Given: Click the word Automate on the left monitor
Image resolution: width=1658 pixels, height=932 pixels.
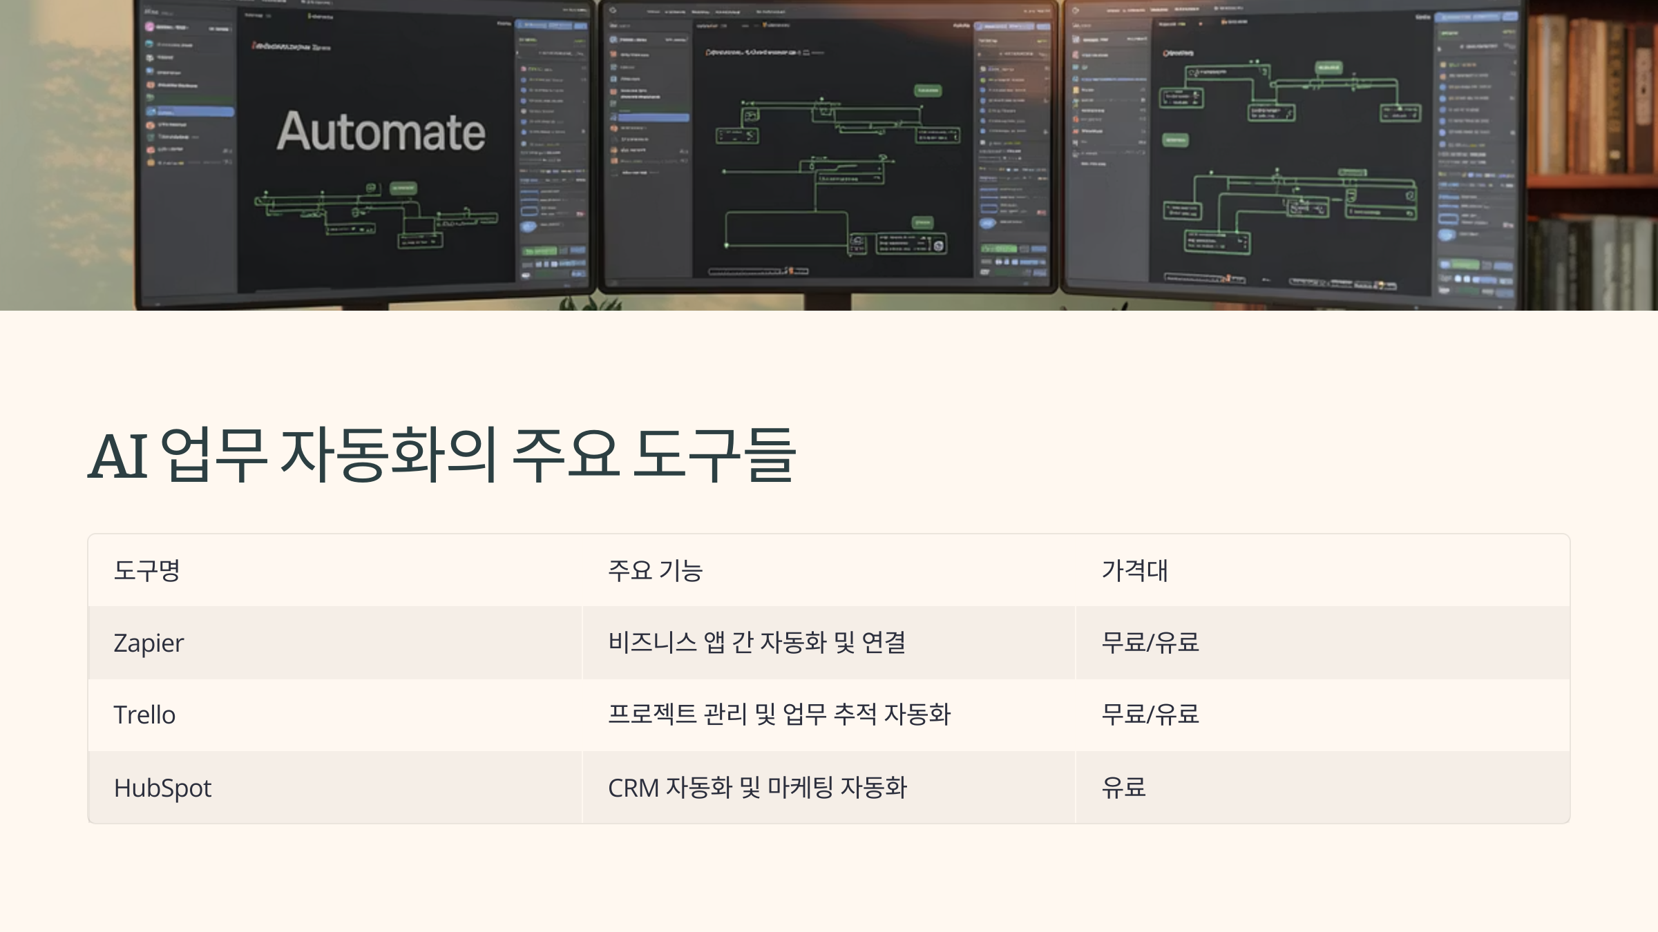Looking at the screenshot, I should (381, 131).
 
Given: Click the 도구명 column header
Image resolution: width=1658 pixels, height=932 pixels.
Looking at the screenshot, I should (146, 570).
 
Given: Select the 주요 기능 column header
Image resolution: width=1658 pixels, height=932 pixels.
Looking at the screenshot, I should (655, 570).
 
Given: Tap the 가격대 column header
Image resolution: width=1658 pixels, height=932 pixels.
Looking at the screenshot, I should (1134, 570).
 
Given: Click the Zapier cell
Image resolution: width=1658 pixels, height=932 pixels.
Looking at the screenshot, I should (149, 643).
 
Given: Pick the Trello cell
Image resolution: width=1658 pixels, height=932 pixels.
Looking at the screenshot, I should (144, 715).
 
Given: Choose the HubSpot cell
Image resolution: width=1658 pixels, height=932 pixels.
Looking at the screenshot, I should (162, 788).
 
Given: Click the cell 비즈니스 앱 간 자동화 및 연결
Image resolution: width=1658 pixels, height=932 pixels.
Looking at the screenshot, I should (756, 643).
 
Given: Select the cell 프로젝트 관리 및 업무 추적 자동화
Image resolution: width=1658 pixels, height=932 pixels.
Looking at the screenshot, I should (779, 715).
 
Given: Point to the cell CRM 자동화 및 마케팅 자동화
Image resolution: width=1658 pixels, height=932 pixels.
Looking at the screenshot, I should (756, 788).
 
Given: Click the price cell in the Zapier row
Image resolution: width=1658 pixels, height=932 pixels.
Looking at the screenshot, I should (1150, 643).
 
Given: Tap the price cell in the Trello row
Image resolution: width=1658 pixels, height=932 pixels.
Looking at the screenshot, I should (1150, 715).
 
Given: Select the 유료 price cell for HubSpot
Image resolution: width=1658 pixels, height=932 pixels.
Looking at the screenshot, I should (1123, 788).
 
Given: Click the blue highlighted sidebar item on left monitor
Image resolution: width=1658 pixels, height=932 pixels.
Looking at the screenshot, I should (190, 112).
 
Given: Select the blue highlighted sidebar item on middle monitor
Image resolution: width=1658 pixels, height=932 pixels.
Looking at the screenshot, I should (653, 118).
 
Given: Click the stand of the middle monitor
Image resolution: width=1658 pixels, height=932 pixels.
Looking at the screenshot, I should (828, 302).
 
